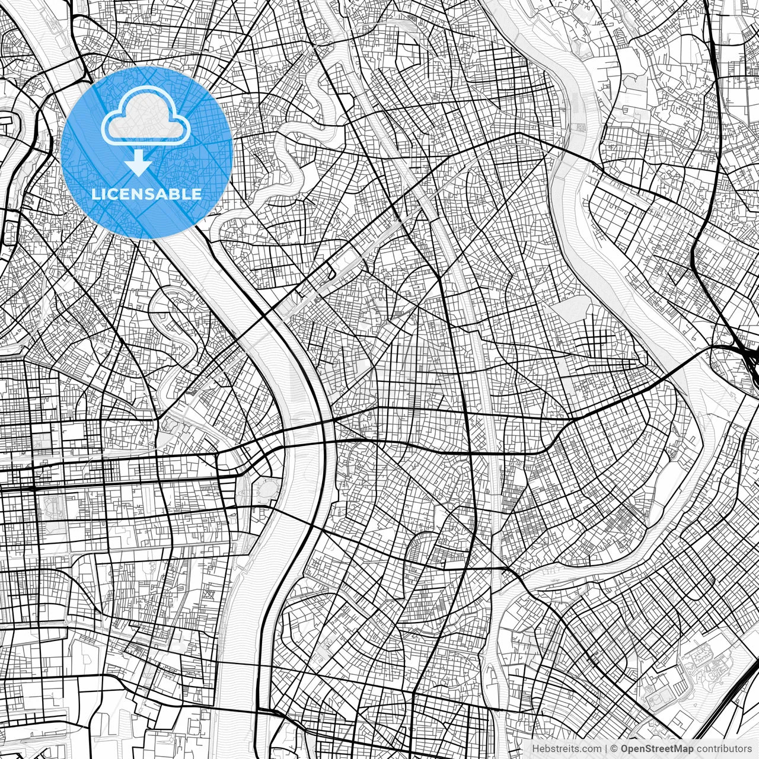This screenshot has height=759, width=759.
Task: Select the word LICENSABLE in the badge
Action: tap(146, 194)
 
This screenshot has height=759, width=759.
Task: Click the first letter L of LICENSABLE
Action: tap(95, 194)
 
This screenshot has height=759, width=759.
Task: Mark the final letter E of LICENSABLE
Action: tap(197, 194)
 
